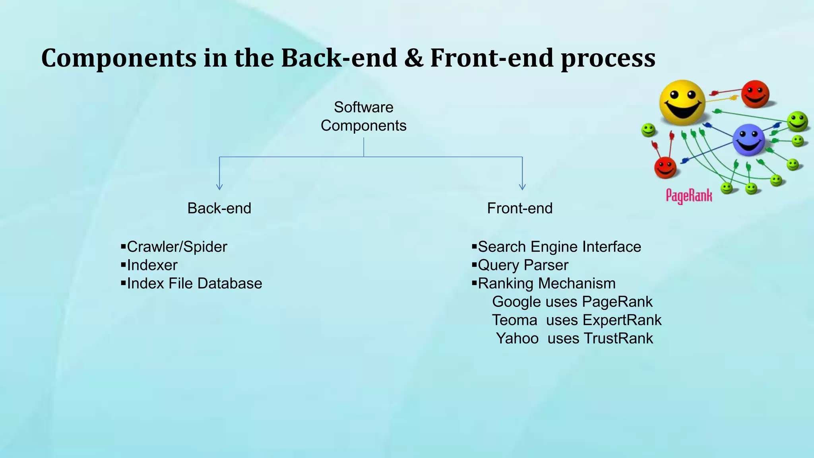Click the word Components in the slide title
pyautogui.click(x=119, y=58)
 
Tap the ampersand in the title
pyautogui.click(x=413, y=58)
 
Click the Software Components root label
pyautogui.click(x=363, y=116)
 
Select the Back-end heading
pyautogui.click(x=219, y=208)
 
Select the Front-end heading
pyautogui.click(x=519, y=208)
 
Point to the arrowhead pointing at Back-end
pyautogui.click(x=219, y=186)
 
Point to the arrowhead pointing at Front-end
pyautogui.click(x=522, y=186)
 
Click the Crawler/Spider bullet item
pyautogui.click(x=176, y=247)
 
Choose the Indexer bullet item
pyautogui.click(x=152, y=265)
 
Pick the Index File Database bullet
pyautogui.click(x=194, y=283)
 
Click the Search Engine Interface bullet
pyautogui.click(x=559, y=247)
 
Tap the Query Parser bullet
pyautogui.click(x=523, y=265)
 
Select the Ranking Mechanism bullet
pyautogui.click(x=547, y=283)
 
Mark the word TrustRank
pyautogui.click(x=618, y=338)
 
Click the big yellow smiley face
pyautogui.click(x=682, y=103)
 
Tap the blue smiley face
pyautogui.click(x=748, y=140)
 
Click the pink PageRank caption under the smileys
pyautogui.click(x=689, y=196)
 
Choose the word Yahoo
pyautogui.click(x=517, y=338)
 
